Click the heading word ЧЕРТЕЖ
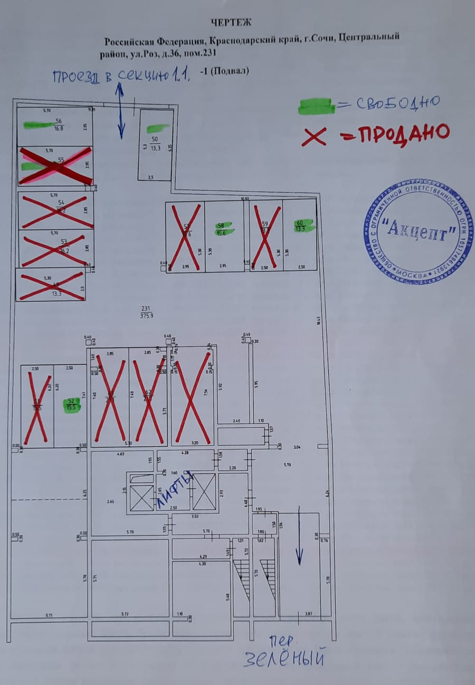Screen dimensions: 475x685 click(x=231, y=22)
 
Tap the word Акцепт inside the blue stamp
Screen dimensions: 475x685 click(x=419, y=231)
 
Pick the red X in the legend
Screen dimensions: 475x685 click(x=318, y=136)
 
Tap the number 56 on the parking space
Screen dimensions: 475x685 click(x=59, y=121)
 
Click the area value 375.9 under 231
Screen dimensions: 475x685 click(x=146, y=316)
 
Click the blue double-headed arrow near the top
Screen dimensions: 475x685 click(x=120, y=111)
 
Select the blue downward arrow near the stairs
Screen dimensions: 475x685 click(x=299, y=536)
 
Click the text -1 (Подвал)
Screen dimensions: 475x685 click(x=225, y=71)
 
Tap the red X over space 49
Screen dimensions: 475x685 click(x=51, y=286)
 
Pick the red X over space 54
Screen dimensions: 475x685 click(x=55, y=210)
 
